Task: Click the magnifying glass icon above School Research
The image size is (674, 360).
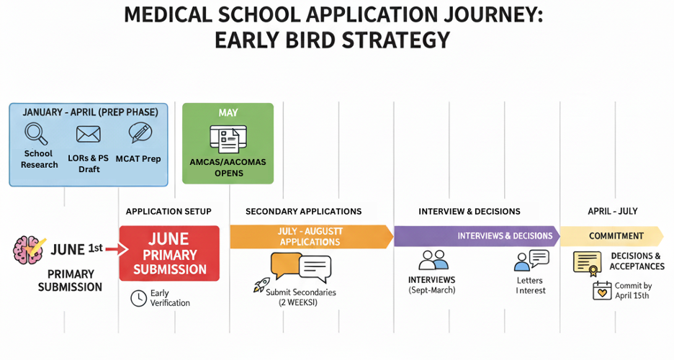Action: click(x=36, y=133)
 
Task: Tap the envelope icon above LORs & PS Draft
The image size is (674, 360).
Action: click(x=88, y=134)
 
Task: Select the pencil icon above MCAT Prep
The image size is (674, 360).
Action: click(x=140, y=133)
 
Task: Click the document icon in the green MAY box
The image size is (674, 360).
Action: click(x=228, y=138)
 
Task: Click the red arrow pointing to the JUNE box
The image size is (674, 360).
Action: click(x=116, y=249)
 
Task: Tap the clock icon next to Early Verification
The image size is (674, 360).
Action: click(x=138, y=298)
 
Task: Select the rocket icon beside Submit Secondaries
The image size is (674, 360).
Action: click(x=261, y=285)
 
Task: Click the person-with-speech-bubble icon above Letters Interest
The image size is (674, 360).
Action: click(x=531, y=260)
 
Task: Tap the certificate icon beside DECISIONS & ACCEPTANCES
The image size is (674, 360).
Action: click(x=587, y=263)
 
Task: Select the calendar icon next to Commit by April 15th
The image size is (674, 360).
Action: click(x=601, y=290)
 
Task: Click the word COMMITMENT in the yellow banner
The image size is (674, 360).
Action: click(x=616, y=236)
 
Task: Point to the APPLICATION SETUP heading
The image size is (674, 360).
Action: click(x=168, y=211)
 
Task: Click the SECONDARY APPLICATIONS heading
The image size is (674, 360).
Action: click(x=303, y=211)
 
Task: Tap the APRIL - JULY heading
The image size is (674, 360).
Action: click(x=613, y=211)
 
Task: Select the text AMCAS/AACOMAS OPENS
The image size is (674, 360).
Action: click(x=228, y=167)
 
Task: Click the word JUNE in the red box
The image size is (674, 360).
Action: click(x=168, y=239)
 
